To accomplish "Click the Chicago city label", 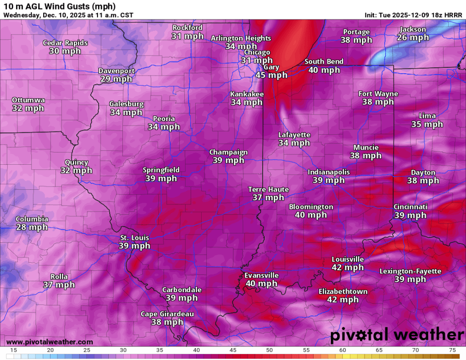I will [x=257, y=52].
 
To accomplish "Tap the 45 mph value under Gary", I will [x=271, y=75].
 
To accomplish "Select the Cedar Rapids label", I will [x=65, y=43].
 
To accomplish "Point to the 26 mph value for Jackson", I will [x=413, y=37].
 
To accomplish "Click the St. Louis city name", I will [x=134, y=238].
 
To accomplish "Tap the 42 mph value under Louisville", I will [x=348, y=267].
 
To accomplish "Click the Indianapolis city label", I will [x=329, y=172].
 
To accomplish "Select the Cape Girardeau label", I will [x=167, y=314].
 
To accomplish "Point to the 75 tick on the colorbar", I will [x=452, y=350].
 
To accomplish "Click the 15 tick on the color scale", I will [x=14, y=350].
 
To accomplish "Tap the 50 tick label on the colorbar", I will [x=269, y=350].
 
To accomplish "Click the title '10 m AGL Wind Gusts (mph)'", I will [x=59, y=6].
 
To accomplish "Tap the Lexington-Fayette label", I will [x=410, y=271].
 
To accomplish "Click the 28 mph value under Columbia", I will [x=32, y=227].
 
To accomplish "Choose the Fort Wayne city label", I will [x=378, y=94].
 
